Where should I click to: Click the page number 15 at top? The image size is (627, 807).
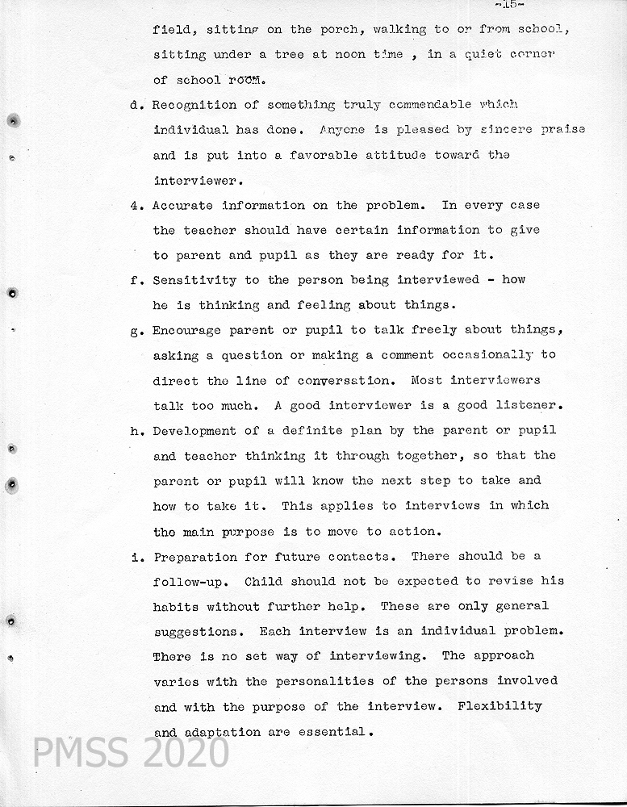tap(510, 4)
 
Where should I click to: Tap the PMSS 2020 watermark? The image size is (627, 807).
tap(131, 752)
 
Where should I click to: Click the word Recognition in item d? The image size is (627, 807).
tap(194, 105)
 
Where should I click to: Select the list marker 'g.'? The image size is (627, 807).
tap(136, 331)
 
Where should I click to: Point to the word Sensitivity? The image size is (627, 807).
tap(194, 280)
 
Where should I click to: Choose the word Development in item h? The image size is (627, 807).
tap(194, 431)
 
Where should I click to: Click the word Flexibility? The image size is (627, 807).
tap(500, 706)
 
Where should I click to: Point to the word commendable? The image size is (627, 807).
tap(428, 105)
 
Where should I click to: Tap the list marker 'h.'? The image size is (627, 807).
tap(136, 431)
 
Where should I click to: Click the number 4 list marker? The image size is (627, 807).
tap(136, 206)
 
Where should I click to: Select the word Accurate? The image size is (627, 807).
tap(183, 206)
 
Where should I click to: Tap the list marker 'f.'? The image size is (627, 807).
tap(136, 281)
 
